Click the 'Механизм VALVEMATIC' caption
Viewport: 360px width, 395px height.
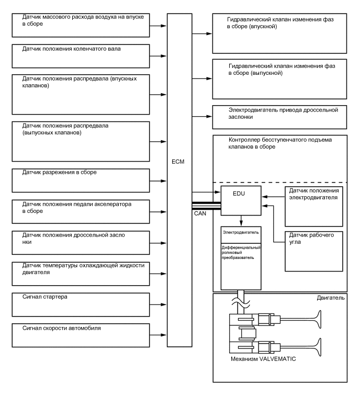(x=261, y=360)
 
